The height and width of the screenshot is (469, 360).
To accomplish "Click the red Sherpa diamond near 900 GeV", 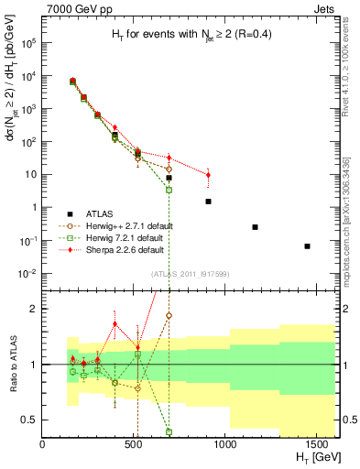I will [208, 175].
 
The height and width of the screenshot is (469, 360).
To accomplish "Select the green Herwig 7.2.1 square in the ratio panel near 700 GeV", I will [169, 431].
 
